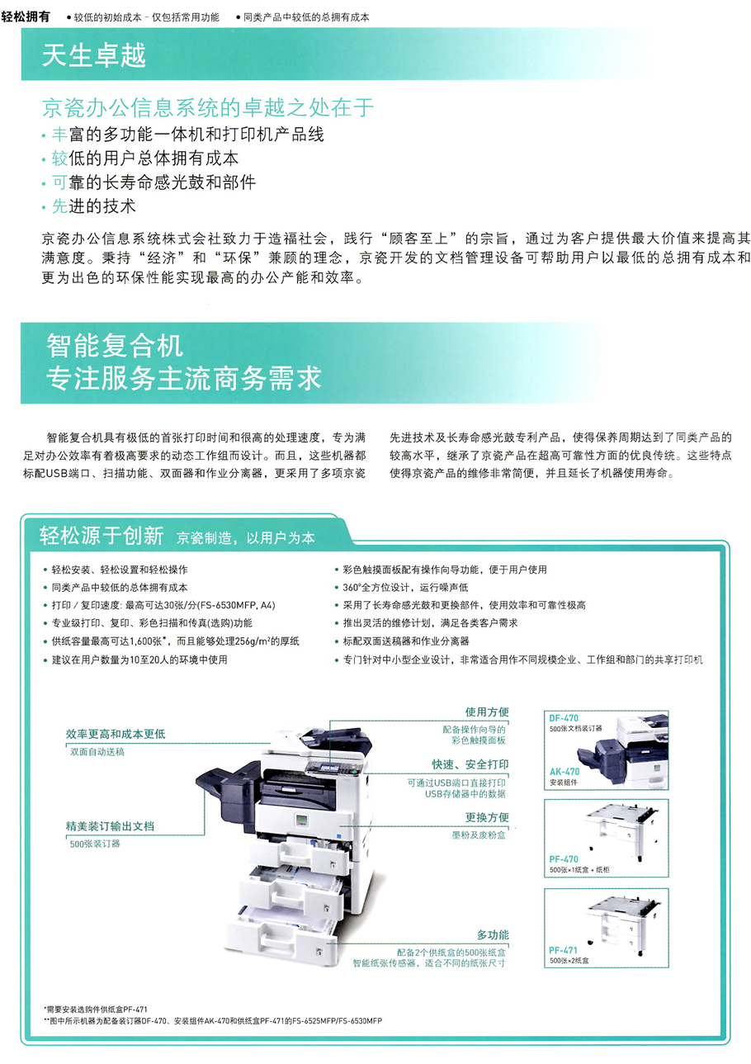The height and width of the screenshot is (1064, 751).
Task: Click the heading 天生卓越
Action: tap(93, 55)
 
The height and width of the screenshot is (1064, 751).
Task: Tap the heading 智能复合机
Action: tap(115, 345)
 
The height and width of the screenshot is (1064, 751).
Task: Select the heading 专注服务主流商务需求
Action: tap(184, 378)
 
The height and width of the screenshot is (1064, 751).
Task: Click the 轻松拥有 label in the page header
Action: tap(26, 17)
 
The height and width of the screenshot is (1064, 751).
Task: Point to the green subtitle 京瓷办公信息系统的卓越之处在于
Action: tap(208, 107)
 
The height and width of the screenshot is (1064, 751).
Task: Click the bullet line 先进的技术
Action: tap(93, 206)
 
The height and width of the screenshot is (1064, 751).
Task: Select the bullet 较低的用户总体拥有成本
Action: tap(145, 158)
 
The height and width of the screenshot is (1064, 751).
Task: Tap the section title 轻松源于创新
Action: tap(102, 536)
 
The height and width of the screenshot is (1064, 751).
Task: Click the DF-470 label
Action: tap(564, 718)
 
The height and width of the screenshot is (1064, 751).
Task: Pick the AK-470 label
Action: tap(564, 772)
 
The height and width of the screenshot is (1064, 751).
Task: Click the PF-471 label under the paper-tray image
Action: tap(563, 950)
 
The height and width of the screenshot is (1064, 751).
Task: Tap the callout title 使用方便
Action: tap(487, 712)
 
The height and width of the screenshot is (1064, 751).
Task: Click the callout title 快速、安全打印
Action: tap(470, 764)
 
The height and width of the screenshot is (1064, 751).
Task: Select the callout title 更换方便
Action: tap(487, 817)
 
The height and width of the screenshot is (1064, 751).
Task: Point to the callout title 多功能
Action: tap(493, 934)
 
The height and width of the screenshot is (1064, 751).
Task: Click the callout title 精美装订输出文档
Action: tap(110, 826)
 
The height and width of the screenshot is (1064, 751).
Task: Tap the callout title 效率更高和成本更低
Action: tap(116, 734)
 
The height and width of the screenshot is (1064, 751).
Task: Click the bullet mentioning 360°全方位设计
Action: tap(405, 588)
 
